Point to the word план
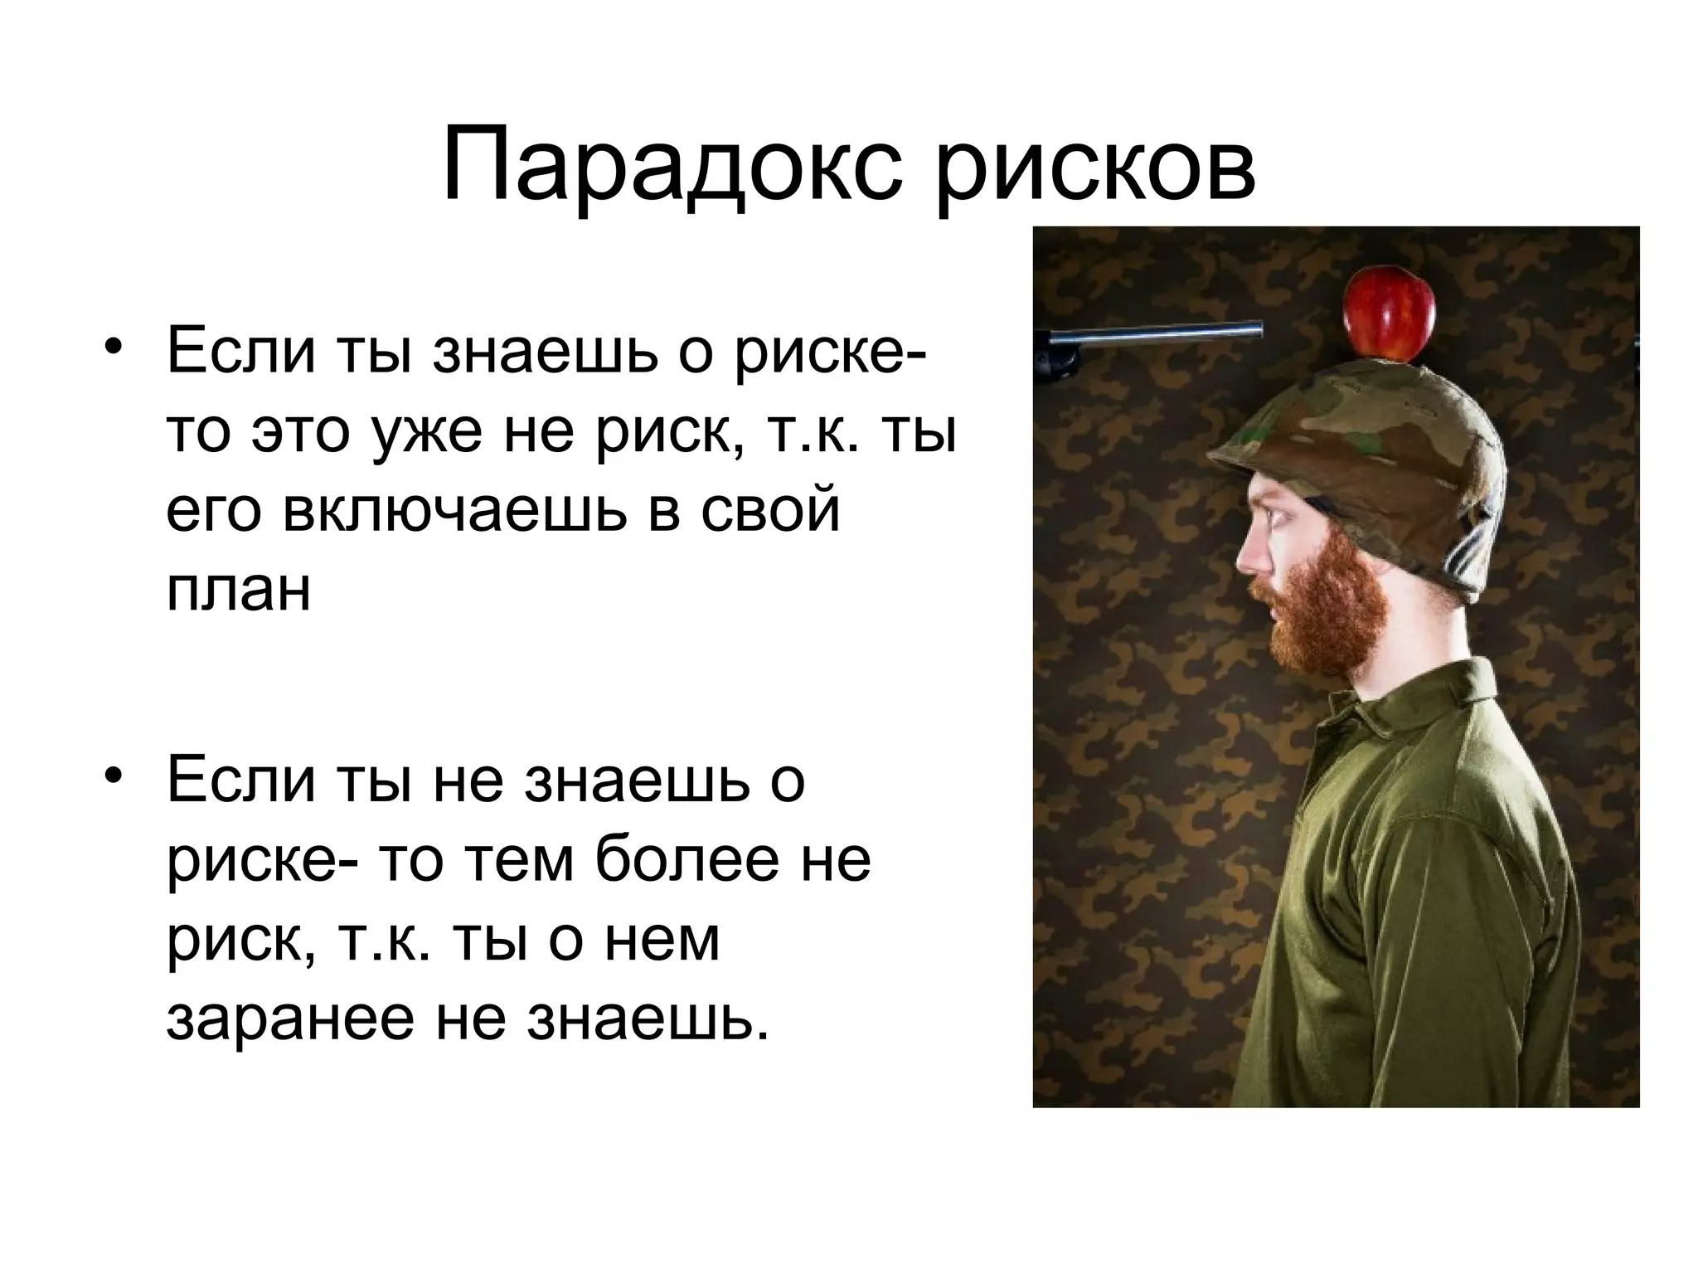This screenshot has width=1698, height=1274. pyautogui.click(x=239, y=590)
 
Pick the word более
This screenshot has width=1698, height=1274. pyautogui.click(x=687, y=860)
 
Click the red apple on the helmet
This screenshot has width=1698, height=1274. pyautogui.click(x=1390, y=316)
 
